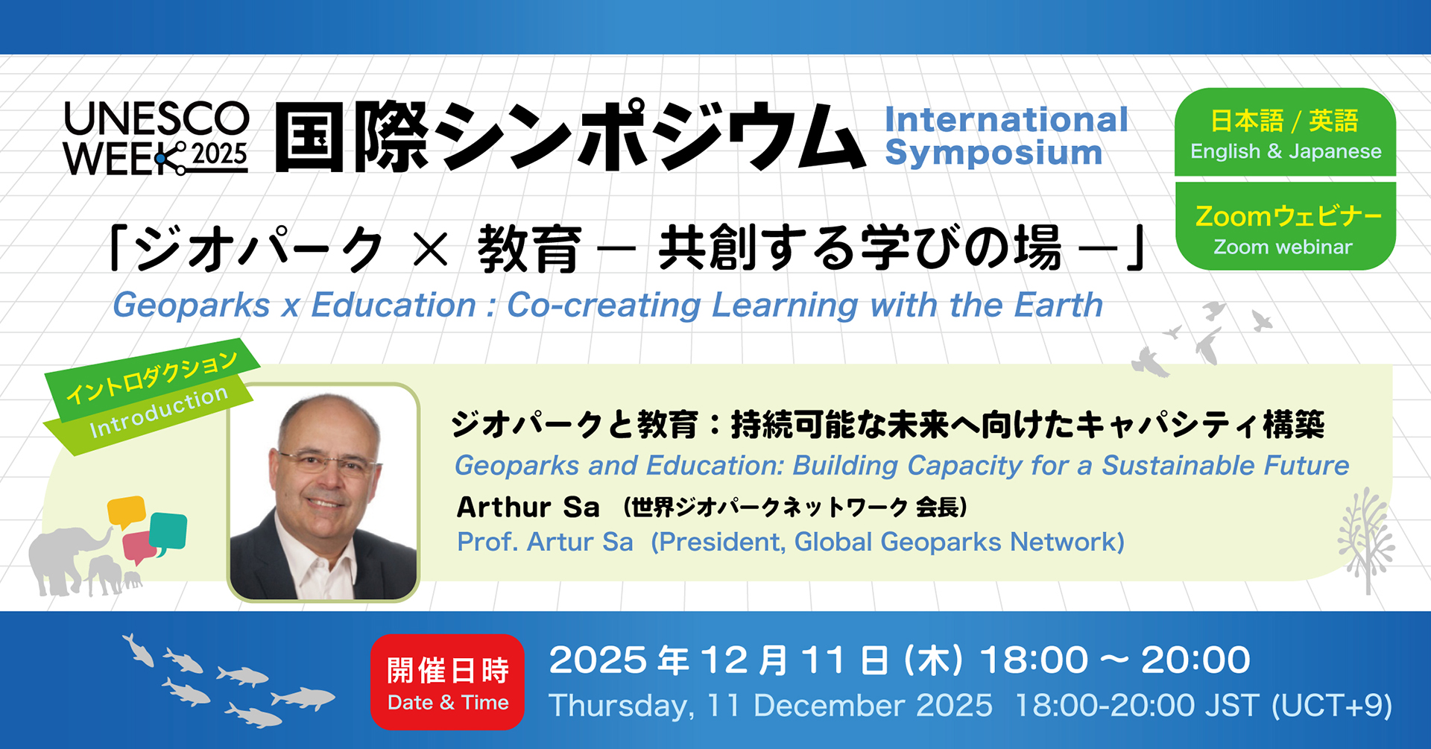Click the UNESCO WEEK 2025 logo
(x=157, y=139)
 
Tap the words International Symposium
(x=1006, y=136)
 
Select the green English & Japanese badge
(x=1285, y=133)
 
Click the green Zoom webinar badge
(x=1285, y=227)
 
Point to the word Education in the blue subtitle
(x=394, y=305)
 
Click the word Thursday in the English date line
(x=622, y=706)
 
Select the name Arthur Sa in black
(x=528, y=508)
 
